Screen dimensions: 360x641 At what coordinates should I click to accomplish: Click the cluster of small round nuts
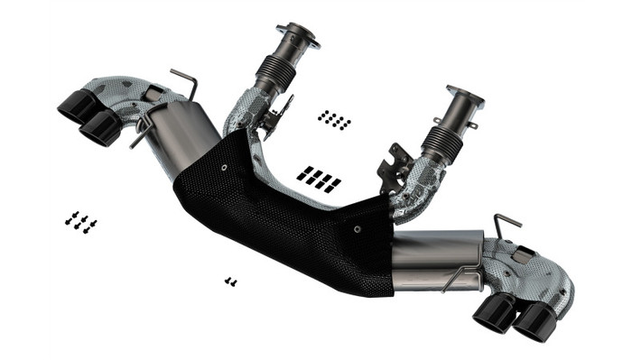coord(334,119)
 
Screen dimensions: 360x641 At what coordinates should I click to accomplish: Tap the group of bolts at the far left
coord(80,221)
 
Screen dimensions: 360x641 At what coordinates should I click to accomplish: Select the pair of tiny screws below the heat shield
coord(230,282)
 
